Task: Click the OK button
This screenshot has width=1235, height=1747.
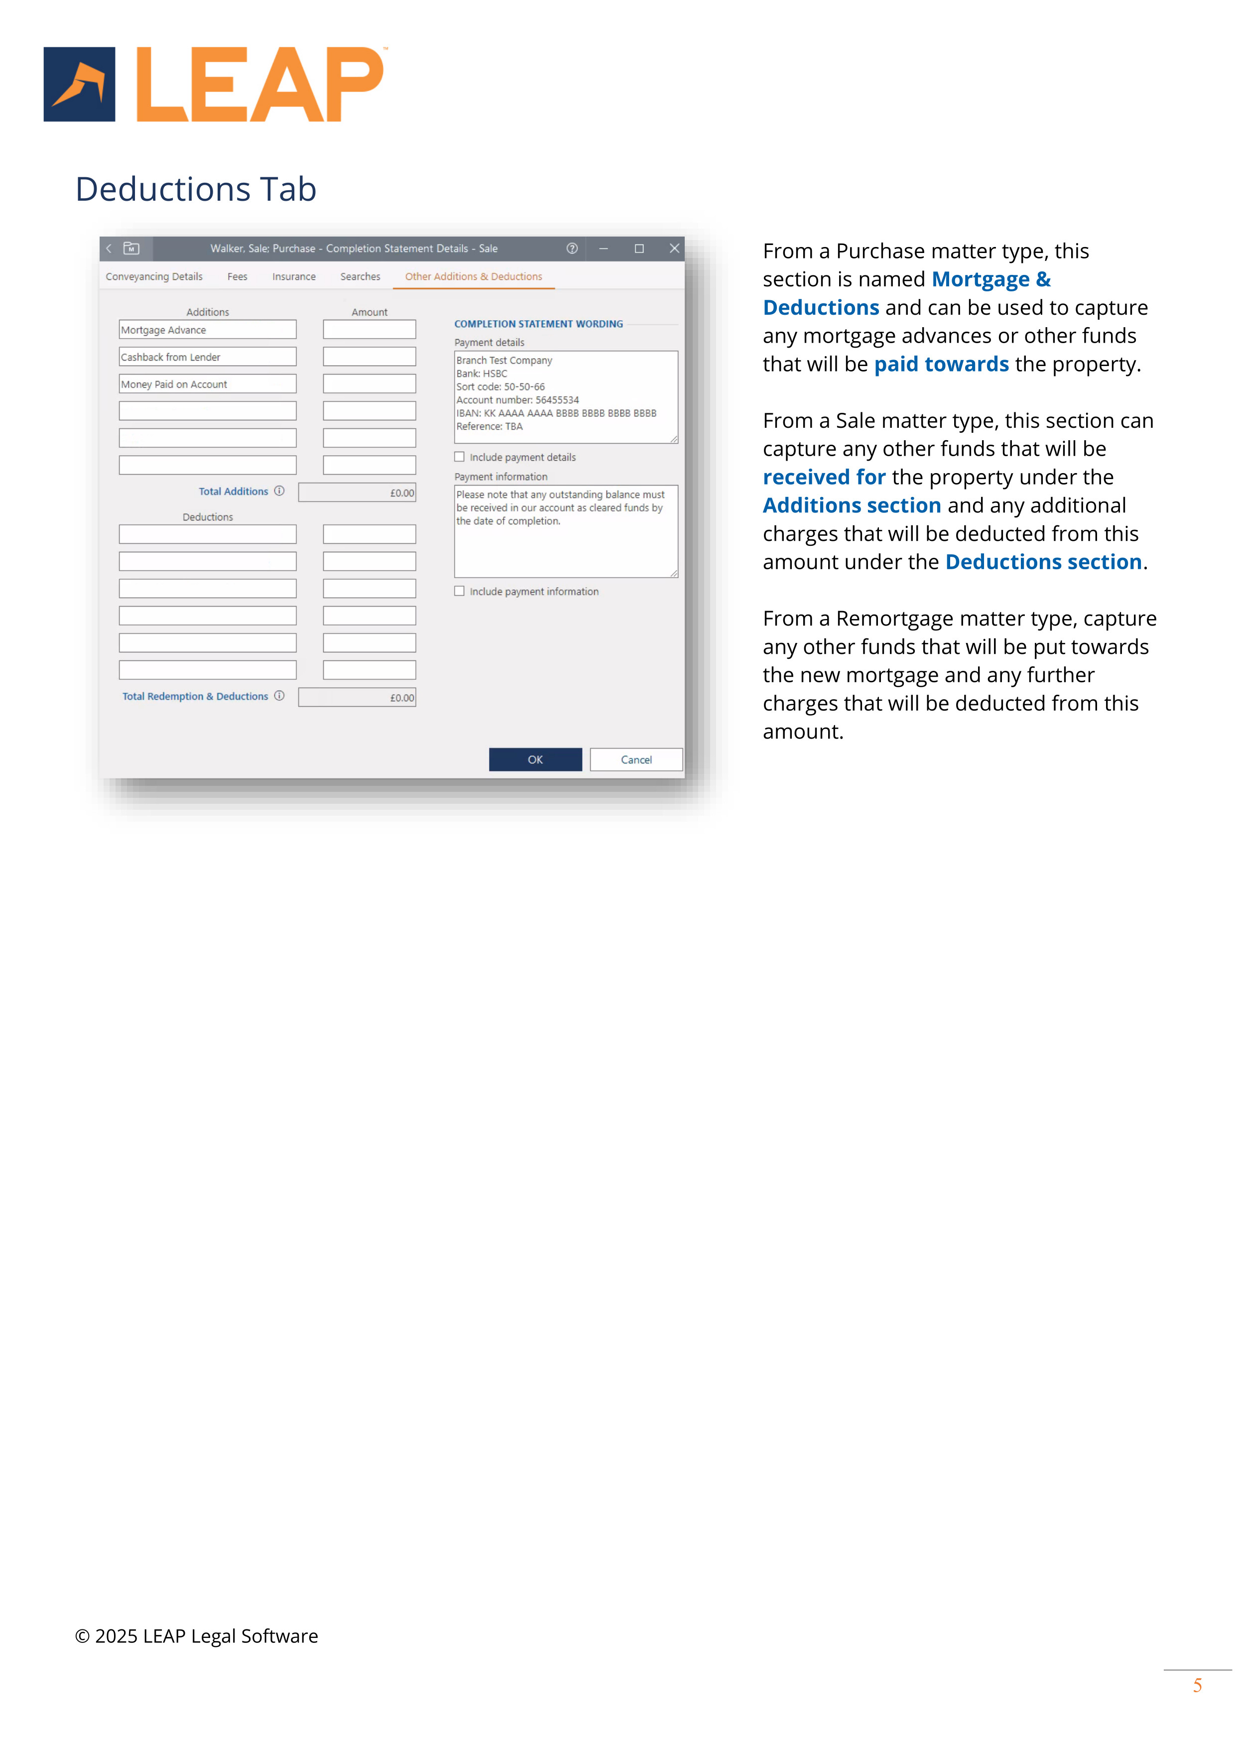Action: point(535,759)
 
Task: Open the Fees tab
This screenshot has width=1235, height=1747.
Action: point(238,277)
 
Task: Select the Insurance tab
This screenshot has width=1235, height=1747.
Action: point(294,277)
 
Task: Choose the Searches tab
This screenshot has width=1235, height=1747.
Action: point(360,277)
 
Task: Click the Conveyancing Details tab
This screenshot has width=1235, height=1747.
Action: point(154,277)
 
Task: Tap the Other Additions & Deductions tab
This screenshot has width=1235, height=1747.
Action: point(473,277)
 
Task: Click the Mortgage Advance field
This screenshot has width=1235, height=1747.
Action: point(207,330)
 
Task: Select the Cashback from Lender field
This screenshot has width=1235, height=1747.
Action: point(207,357)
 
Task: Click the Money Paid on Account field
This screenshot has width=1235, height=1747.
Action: point(207,384)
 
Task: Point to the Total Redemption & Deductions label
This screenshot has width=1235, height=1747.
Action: point(196,696)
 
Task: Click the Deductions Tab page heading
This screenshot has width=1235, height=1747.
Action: point(196,189)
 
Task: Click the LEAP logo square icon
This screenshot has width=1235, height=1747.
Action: point(79,85)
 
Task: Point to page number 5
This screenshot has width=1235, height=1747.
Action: point(1197,1685)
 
